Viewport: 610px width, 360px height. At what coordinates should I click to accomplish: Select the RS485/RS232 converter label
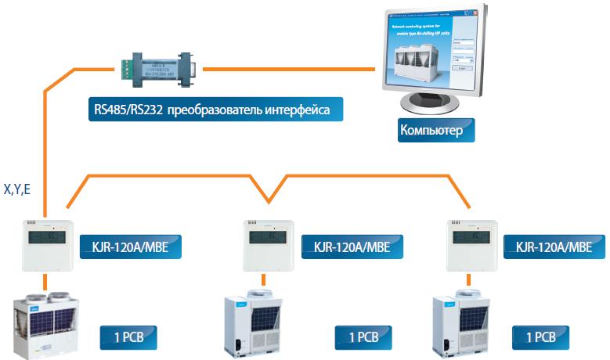214,110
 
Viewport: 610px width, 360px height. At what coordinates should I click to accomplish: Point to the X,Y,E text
16,190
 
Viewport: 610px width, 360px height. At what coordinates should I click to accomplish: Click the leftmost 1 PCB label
128,337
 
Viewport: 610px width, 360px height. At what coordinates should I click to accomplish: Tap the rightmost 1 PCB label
541,337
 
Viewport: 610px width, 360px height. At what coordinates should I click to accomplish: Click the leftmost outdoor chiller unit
46,325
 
